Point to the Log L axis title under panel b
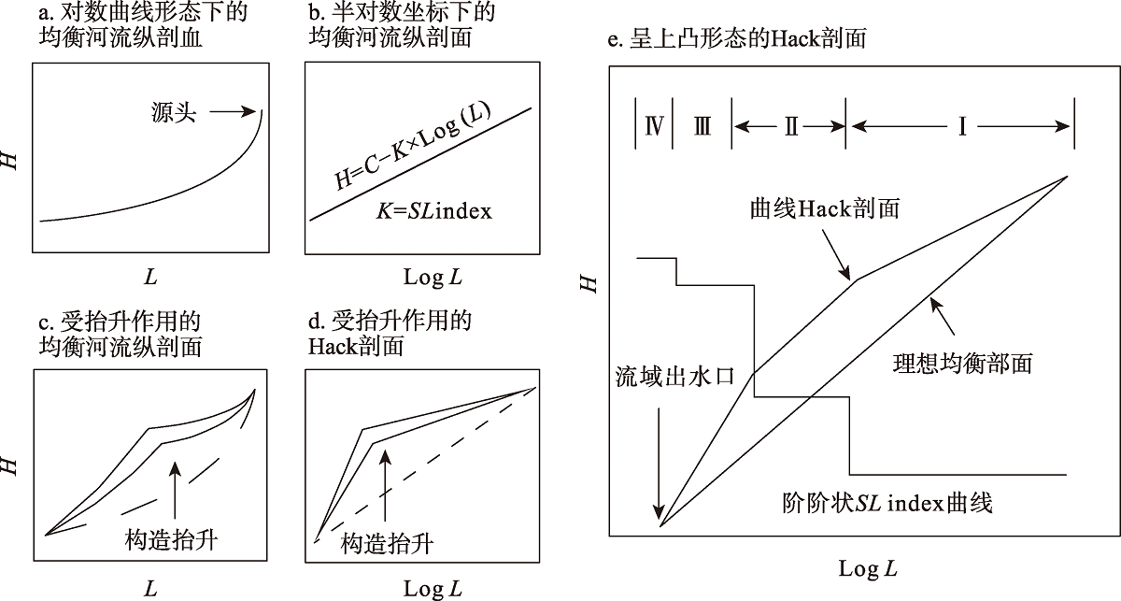point(432,279)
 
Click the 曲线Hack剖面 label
point(825,208)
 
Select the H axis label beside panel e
point(589,281)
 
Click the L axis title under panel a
point(149,279)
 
